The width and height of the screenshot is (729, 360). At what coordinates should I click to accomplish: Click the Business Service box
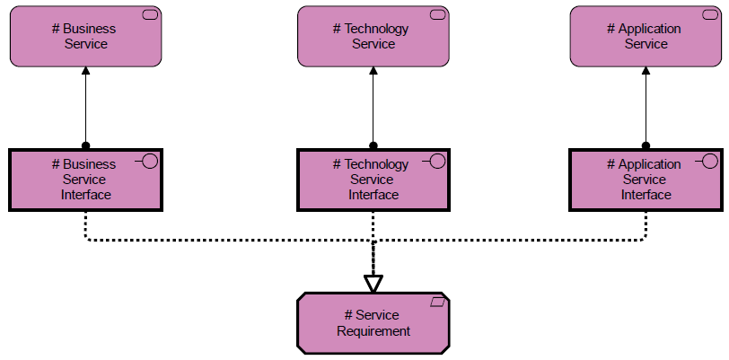tap(86, 36)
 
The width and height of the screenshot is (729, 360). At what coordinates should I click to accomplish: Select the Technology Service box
tap(373, 36)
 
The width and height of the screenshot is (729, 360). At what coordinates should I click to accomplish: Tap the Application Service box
tap(646, 36)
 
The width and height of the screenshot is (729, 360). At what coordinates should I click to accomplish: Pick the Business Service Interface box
tap(86, 180)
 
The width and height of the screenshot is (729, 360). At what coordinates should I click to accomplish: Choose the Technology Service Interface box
tap(373, 180)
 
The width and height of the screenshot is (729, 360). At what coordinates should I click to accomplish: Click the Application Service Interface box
tap(646, 180)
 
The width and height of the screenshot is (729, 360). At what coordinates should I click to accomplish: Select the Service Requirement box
tap(373, 323)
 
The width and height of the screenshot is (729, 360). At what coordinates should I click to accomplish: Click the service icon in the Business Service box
tap(150, 15)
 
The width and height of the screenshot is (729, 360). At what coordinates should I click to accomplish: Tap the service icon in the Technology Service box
tap(437, 15)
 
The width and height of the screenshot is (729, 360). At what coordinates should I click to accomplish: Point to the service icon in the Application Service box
tap(710, 15)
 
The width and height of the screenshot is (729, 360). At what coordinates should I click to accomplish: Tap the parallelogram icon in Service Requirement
tap(437, 303)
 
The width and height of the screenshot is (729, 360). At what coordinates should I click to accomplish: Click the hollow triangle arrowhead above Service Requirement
tap(373, 284)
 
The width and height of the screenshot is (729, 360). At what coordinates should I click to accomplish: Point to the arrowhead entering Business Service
tap(85, 71)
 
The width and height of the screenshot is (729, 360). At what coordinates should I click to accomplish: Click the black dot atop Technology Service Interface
tap(373, 145)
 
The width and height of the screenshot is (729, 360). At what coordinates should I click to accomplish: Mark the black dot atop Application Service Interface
tap(646, 145)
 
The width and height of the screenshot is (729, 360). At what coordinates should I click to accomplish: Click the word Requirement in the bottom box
tap(373, 331)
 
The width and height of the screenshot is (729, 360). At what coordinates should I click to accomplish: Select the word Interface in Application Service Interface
tap(646, 195)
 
